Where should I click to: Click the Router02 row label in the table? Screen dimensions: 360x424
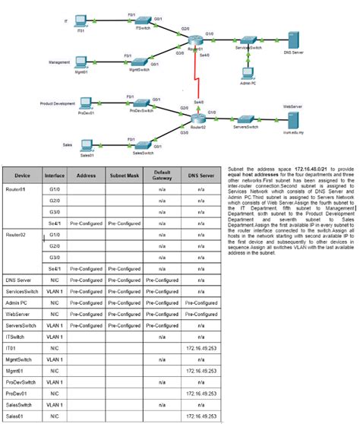[17, 236]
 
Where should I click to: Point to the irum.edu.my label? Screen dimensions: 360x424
[292, 131]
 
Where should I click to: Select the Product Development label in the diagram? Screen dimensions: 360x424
[58, 102]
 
